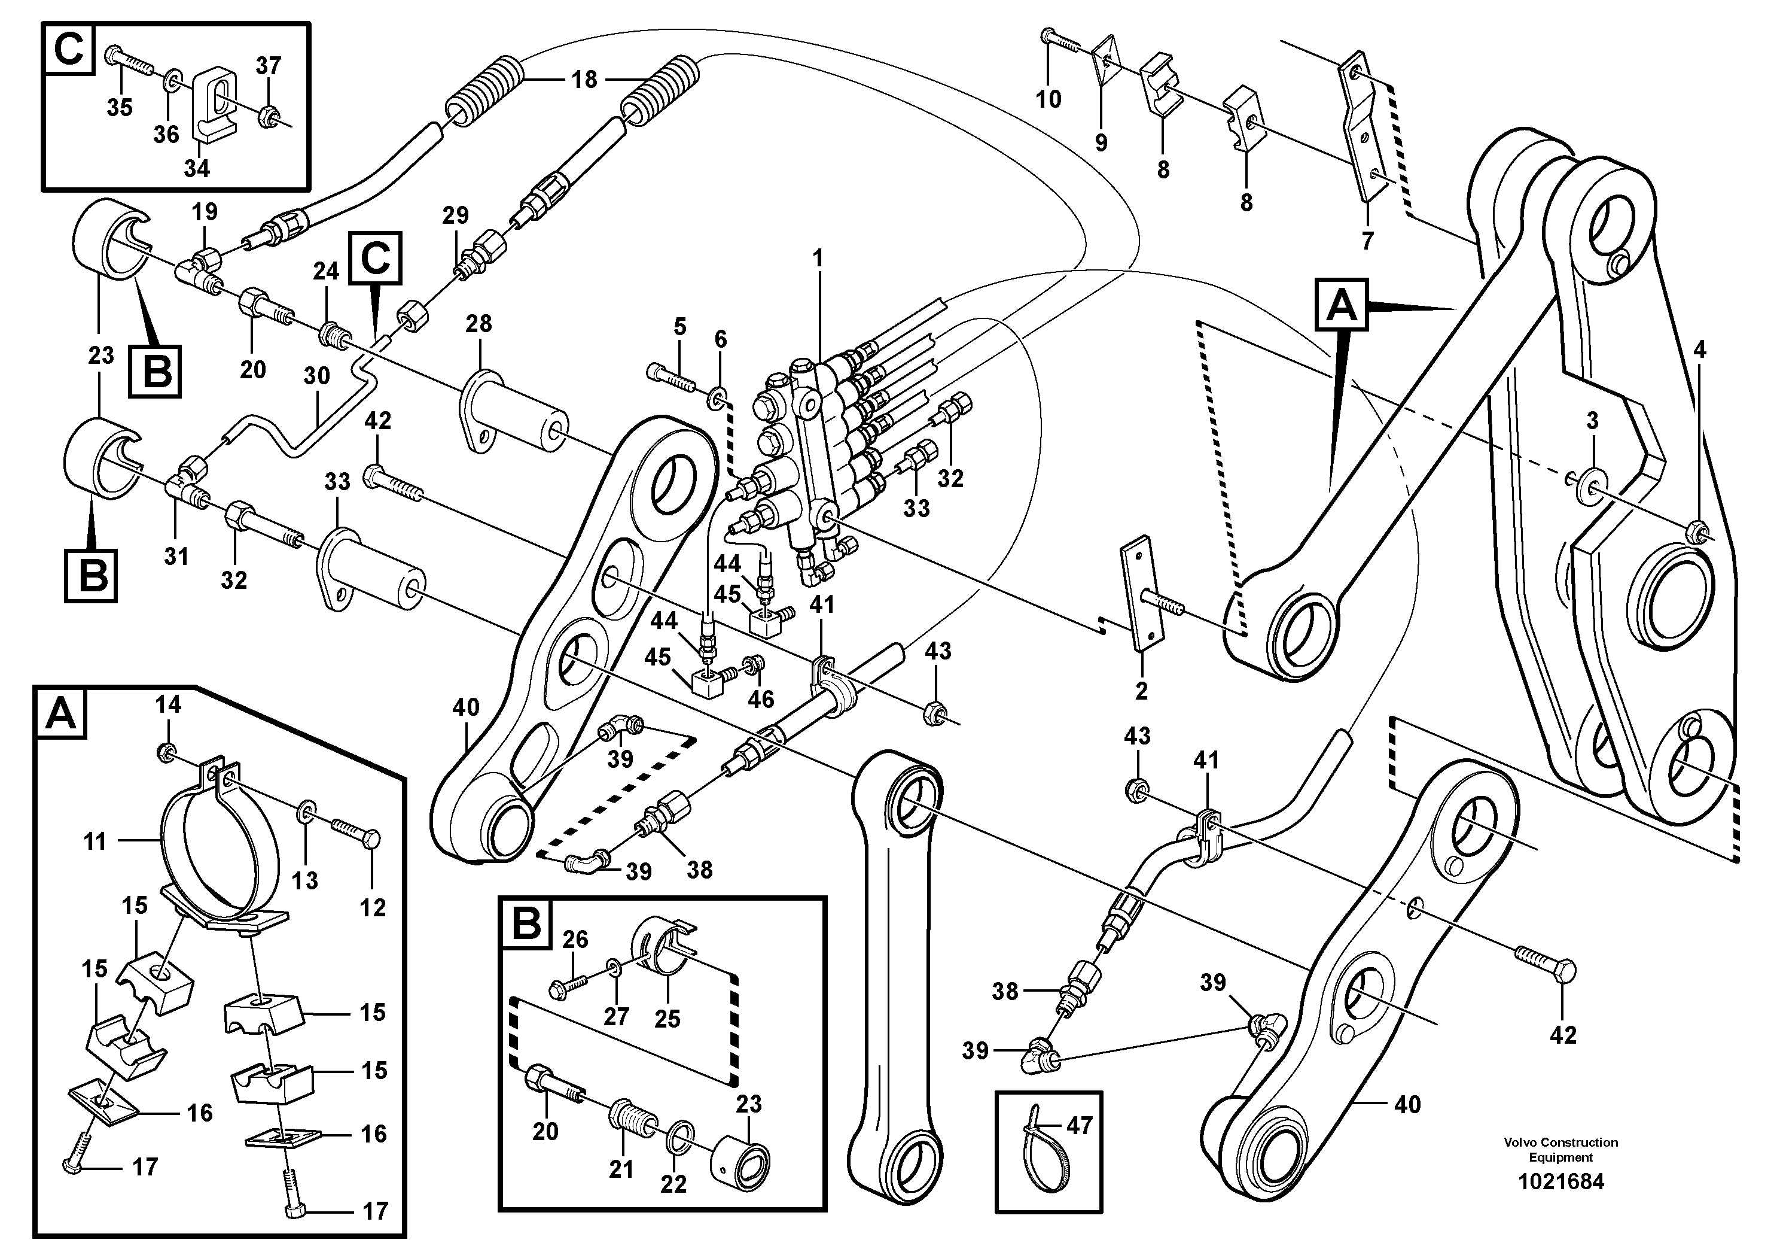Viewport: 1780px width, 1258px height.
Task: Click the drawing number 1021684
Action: point(1560,1182)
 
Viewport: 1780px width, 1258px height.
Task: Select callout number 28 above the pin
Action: point(478,323)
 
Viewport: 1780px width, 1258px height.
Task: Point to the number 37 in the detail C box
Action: point(268,66)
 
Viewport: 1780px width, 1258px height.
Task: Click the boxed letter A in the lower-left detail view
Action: point(61,713)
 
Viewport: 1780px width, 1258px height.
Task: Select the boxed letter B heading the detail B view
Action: point(526,925)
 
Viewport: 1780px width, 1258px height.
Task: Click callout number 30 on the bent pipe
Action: point(316,376)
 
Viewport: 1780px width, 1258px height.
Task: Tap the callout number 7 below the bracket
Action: point(1367,241)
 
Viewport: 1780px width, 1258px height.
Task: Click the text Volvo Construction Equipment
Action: point(1560,1150)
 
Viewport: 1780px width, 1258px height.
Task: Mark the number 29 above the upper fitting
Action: point(455,215)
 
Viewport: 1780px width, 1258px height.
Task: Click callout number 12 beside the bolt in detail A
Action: point(373,907)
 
